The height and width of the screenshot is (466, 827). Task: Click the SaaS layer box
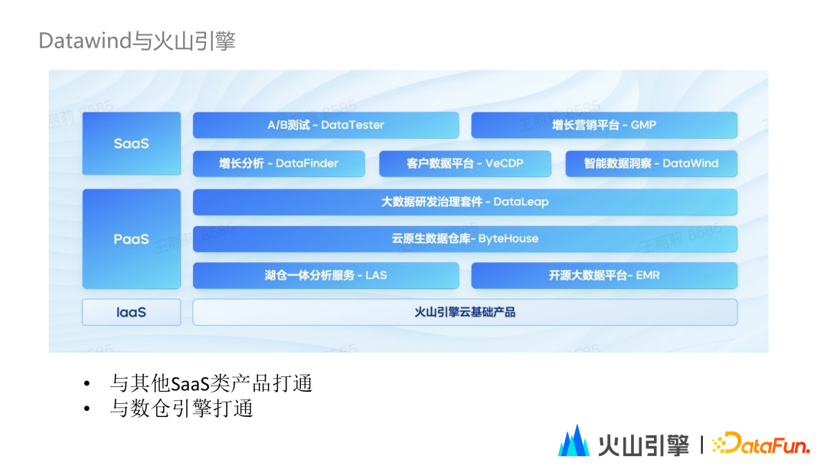(x=132, y=143)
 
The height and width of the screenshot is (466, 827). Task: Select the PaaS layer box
(x=132, y=239)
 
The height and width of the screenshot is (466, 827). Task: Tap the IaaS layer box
(x=132, y=312)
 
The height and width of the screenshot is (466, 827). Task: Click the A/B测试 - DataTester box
(x=325, y=125)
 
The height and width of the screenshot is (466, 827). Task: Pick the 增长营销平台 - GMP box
(x=604, y=125)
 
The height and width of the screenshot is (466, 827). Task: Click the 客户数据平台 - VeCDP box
(x=465, y=163)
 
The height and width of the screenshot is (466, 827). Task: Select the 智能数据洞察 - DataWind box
(x=652, y=163)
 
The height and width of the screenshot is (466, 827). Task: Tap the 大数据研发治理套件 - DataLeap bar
(x=465, y=202)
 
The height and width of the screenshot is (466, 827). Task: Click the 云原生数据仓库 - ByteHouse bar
(x=465, y=238)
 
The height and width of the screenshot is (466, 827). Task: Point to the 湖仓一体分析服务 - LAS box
(x=325, y=275)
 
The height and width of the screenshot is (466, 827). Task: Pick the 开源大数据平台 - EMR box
(x=604, y=275)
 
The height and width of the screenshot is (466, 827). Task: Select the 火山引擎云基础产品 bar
(x=465, y=312)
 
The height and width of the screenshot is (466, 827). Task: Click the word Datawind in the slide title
(x=85, y=41)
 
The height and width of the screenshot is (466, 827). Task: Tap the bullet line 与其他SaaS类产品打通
(x=211, y=383)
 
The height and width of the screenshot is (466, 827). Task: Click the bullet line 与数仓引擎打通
(x=181, y=409)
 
